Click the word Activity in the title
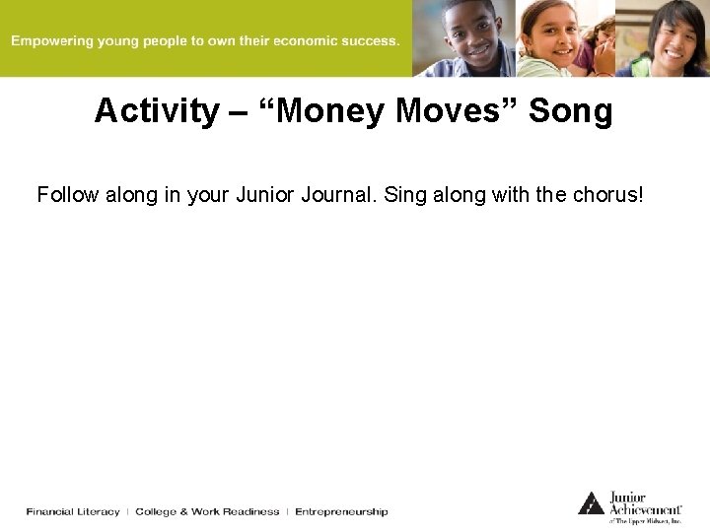(x=156, y=111)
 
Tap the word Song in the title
(x=570, y=111)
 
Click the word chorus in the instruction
(x=607, y=195)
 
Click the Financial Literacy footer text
(x=73, y=511)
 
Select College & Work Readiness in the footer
(x=206, y=511)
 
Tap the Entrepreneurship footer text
(x=341, y=511)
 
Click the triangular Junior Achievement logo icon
(x=591, y=503)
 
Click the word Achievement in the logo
(x=646, y=509)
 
